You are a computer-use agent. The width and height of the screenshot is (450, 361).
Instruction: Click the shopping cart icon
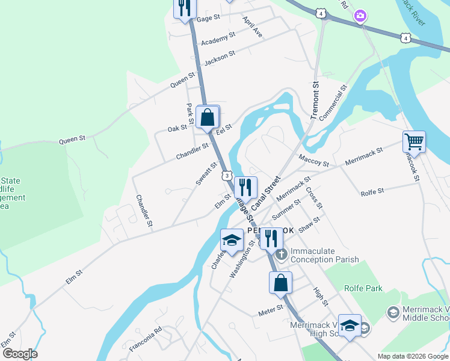414,142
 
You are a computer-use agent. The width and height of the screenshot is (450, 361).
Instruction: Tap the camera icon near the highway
360,15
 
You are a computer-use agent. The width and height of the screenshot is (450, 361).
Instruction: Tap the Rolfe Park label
363,288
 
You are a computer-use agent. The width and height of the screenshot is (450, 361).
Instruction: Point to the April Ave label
253,28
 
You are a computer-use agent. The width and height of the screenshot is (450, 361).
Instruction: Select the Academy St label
218,40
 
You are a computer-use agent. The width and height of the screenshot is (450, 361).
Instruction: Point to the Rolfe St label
372,192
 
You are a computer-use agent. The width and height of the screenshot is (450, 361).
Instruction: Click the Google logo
19,353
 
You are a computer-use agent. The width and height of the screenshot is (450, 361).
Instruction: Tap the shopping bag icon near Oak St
208,117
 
